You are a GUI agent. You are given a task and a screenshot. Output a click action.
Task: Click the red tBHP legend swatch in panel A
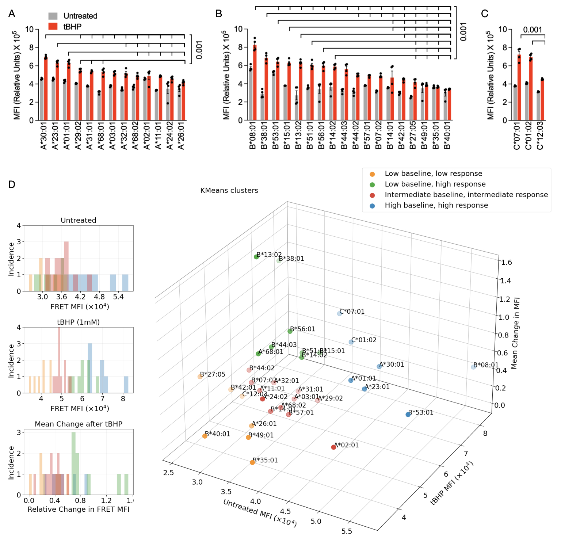click(x=53, y=26)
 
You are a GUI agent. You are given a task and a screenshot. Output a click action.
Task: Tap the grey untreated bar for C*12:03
click(x=538, y=106)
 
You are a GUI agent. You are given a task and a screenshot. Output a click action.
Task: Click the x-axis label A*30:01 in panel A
click(x=44, y=136)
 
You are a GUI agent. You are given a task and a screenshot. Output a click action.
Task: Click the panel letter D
click(x=12, y=184)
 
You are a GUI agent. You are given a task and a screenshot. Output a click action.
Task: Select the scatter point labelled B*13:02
click(x=256, y=257)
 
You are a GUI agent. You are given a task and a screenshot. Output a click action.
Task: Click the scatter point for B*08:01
click(x=473, y=367)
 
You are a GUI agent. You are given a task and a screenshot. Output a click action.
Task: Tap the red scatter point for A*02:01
click(x=333, y=447)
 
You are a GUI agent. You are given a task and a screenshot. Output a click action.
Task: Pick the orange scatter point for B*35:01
click(x=252, y=462)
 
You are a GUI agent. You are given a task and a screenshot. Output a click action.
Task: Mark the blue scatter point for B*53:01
click(x=408, y=415)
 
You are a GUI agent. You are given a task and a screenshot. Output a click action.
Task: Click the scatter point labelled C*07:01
click(x=340, y=313)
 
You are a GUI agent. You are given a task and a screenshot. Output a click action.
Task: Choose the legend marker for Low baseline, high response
click(x=372, y=184)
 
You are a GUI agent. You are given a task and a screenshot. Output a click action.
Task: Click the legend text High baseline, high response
click(x=436, y=205)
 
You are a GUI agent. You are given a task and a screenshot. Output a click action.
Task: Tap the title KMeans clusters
click(x=229, y=190)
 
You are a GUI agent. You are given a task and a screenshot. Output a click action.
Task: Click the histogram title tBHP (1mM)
click(x=78, y=322)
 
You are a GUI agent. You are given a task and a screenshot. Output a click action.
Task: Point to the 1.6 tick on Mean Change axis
click(x=507, y=262)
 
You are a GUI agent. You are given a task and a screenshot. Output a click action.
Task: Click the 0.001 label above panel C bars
click(x=533, y=30)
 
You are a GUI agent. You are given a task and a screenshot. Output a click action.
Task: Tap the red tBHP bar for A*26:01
click(x=183, y=101)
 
